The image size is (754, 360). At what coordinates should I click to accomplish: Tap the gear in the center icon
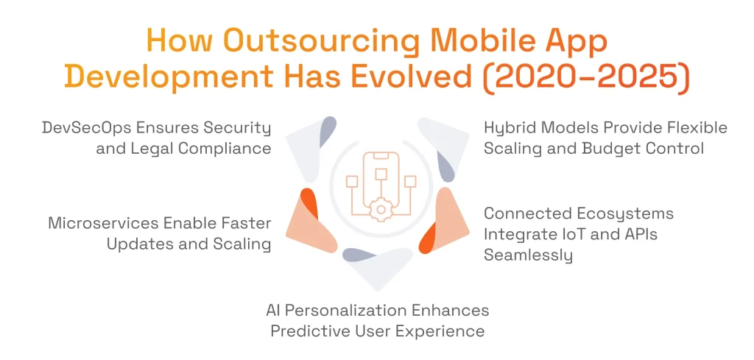[380, 209]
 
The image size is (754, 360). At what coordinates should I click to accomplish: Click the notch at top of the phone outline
[380, 155]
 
